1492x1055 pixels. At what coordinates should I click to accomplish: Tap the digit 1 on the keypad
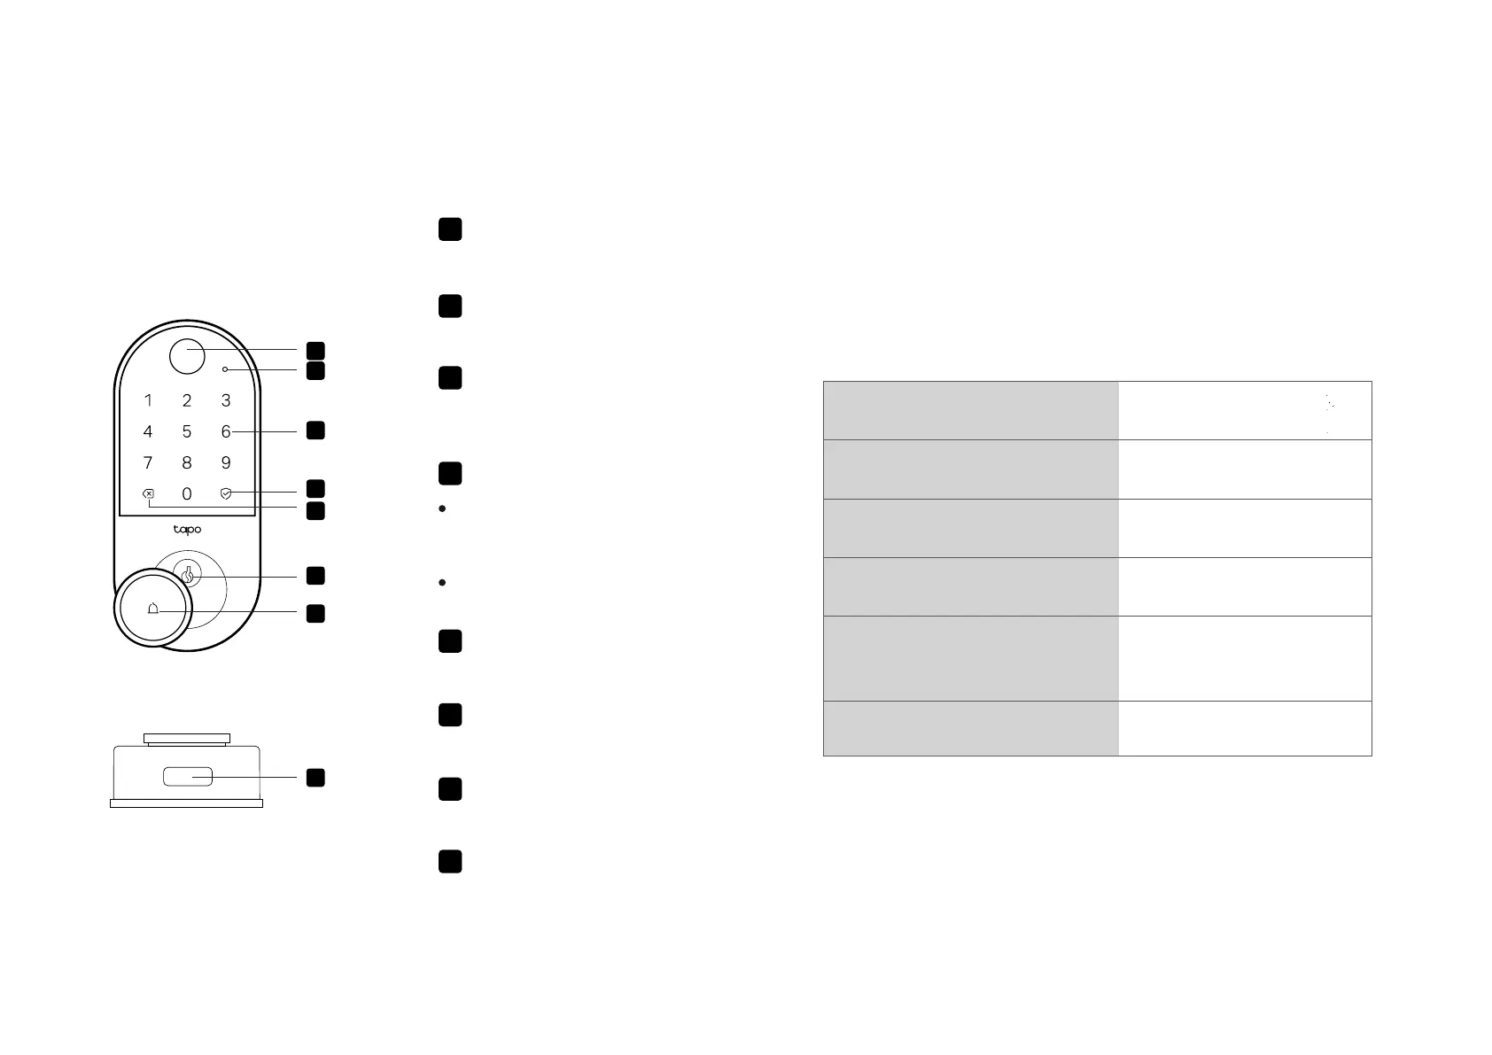pos(148,401)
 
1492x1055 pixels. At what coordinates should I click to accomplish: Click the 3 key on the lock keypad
pos(226,401)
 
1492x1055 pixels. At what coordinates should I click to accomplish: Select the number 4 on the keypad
pos(148,432)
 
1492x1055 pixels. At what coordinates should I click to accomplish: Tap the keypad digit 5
pos(187,432)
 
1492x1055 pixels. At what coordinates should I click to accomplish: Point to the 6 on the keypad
pos(226,432)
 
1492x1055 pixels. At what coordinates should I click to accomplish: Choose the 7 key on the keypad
pos(148,463)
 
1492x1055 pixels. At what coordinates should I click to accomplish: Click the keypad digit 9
pos(226,463)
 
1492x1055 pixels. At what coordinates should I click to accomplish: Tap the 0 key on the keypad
pos(187,494)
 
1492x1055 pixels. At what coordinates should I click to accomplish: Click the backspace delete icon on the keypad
pos(148,494)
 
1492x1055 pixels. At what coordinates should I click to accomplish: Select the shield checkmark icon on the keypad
pos(226,493)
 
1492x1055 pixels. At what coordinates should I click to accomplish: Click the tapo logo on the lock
pos(187,530)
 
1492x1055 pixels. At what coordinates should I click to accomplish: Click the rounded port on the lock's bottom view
pos(187,777)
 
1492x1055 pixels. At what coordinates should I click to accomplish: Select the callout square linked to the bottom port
pos(315,778)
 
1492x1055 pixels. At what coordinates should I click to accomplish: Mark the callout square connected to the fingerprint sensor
pos(315,351)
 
